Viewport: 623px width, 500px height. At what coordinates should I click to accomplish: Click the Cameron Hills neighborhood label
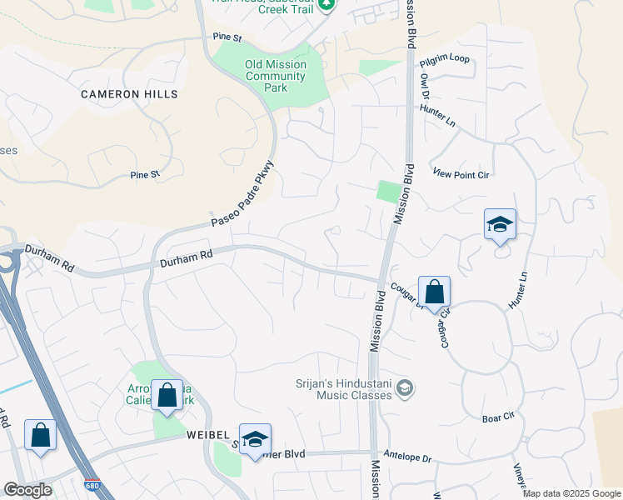tap(129, 94)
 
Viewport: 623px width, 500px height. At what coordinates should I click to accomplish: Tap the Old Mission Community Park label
tap(276, 76)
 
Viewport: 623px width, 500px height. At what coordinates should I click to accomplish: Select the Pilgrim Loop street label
tap(445, 59)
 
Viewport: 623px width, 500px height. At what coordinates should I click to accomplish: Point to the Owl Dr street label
tap(425, 84)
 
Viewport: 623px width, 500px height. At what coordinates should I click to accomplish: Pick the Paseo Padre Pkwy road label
tap(242, 194)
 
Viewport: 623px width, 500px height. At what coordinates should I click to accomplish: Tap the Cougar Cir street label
tap(444, 326)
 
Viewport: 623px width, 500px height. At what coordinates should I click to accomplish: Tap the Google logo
tap(27, 490)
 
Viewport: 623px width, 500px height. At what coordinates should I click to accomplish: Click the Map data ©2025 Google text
tap(571, 493)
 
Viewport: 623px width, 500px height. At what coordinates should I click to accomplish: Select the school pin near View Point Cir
tap(500, 224)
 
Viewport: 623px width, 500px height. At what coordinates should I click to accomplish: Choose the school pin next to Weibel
tap(255, 439)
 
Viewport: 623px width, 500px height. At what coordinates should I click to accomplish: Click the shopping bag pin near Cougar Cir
tap(434, 292)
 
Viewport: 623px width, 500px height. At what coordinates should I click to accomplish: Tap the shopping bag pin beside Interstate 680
tap(40, 434)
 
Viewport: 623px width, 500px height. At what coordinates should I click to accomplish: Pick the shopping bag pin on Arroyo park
tap(167, 395)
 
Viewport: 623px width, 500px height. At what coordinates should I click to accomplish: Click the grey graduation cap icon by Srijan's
tap(405, 387)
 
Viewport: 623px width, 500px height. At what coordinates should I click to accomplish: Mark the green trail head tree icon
tap(327, 4)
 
